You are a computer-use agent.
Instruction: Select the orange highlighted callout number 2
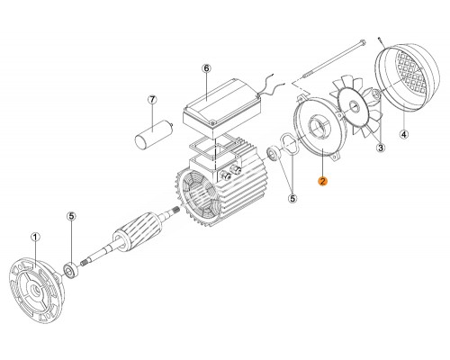point(321,180)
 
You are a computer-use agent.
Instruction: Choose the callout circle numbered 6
point(205,68)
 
